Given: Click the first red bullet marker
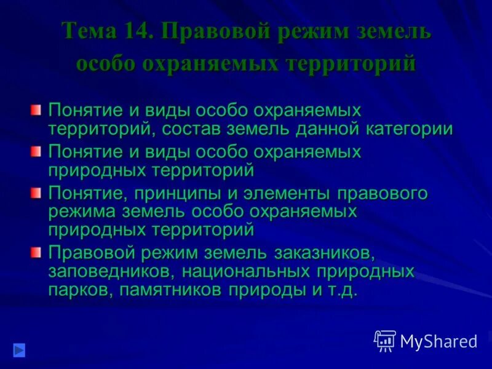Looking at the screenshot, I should pyautogui.click(x=36, y=110).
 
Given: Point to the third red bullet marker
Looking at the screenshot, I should pyautogui.click(x=36, y=193).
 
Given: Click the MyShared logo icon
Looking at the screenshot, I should pyautogui.click(x=385, y=340).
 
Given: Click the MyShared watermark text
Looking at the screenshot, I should pyautogui.click(x=438, y=341).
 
